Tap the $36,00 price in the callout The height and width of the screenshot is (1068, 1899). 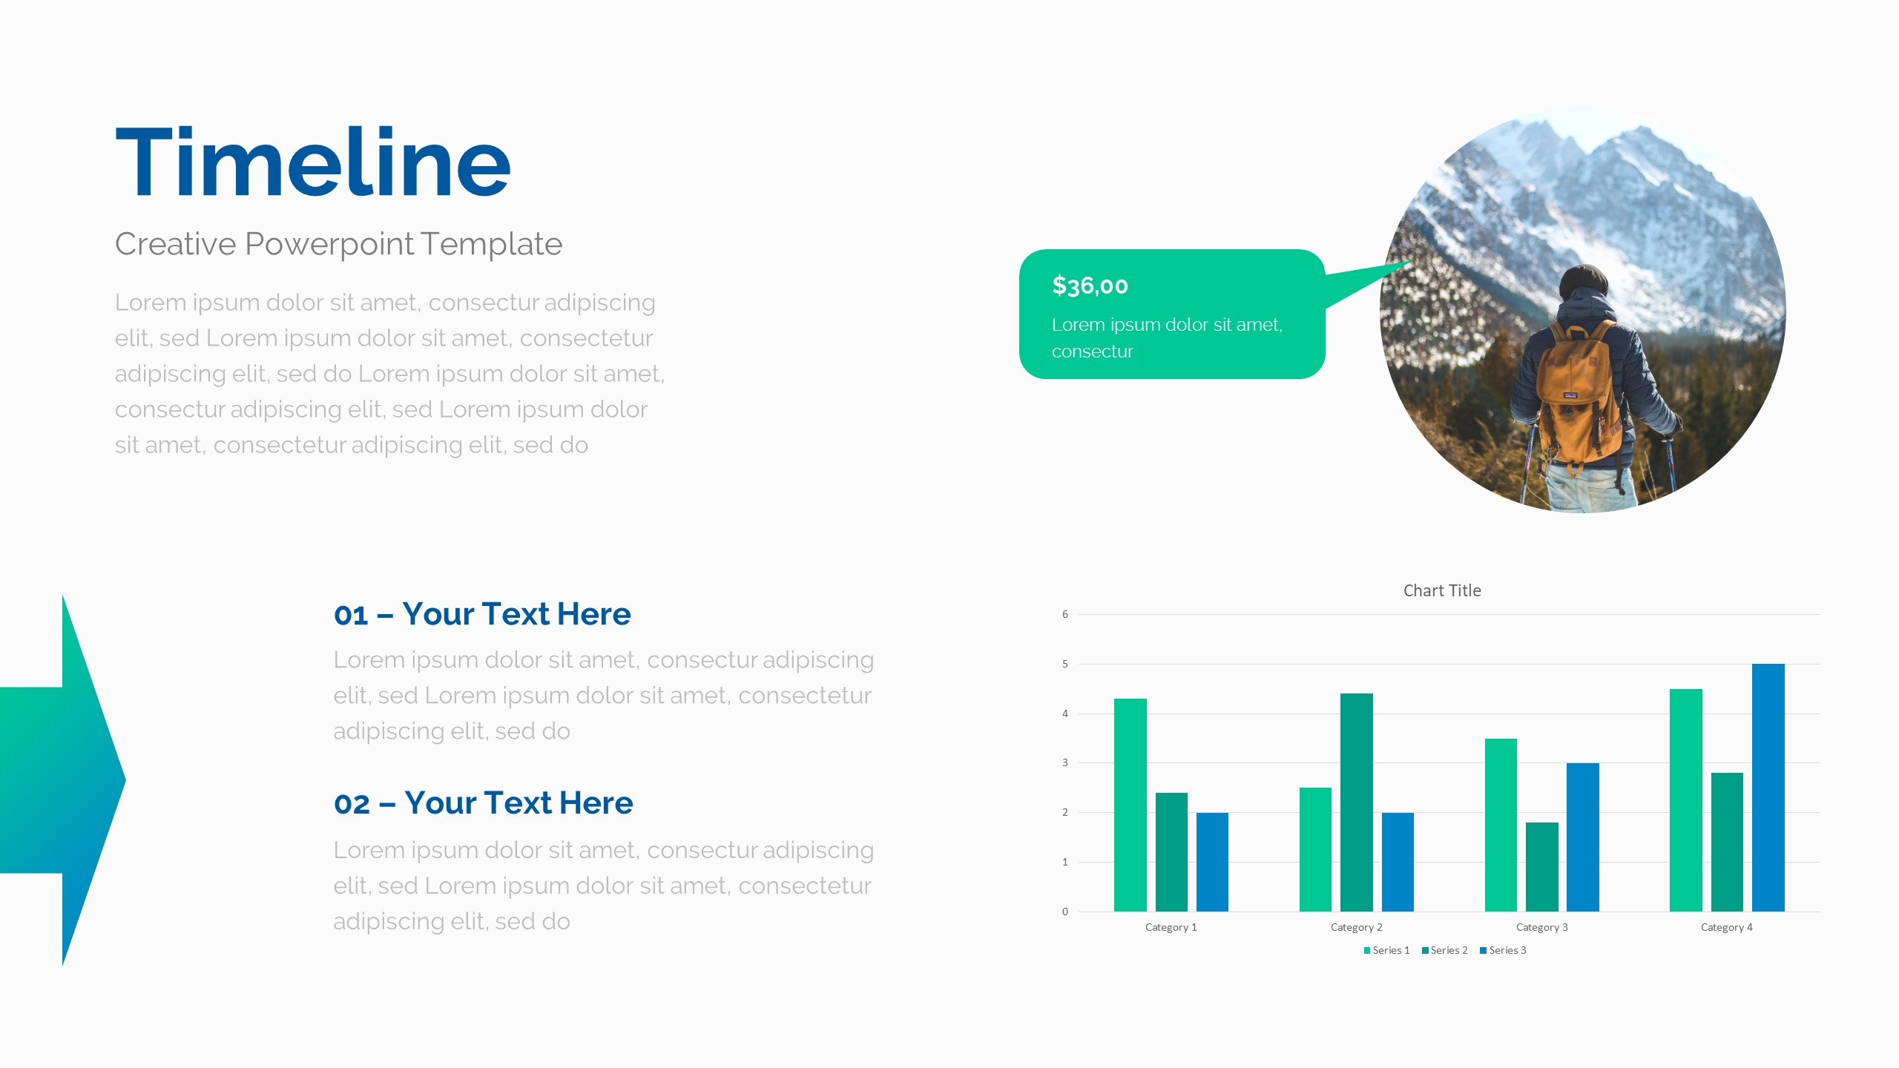coord(1090,286)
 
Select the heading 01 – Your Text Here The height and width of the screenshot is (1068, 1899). coord(482,614)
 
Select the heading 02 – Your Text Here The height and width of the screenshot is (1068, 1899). coord(484,803)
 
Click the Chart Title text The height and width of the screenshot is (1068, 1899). coord(1442,590)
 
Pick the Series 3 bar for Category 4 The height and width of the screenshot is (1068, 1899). coord(1768,788)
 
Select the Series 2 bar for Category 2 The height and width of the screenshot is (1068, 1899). coord(1357,802)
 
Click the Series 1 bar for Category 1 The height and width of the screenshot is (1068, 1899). coord(1130,805)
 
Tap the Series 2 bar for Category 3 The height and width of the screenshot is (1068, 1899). coord(1542,867)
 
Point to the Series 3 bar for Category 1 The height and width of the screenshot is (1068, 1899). coord(1212,862)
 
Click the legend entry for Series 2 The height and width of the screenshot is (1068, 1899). coord(1444,950)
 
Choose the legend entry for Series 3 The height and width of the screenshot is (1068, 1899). coord(1503,950)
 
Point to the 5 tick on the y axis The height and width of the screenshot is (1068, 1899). coord(1065,664)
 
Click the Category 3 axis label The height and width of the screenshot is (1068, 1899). coord(1542,927)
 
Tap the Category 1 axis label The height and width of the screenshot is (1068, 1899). coord(1171,927)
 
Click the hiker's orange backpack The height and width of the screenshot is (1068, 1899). coord(1577,393)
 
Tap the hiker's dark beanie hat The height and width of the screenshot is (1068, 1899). coord(1583,283)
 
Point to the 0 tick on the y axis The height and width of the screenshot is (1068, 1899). coord(1065,912)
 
